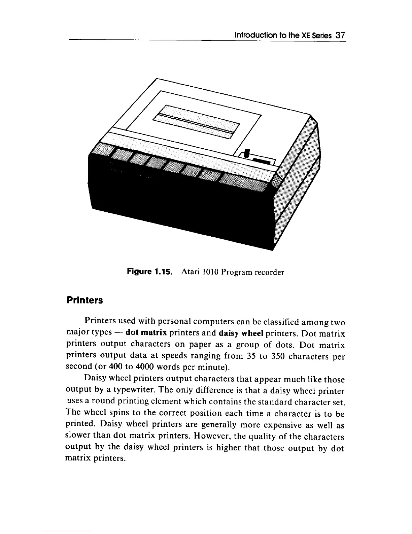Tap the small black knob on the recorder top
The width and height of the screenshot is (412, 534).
(247, 153)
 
